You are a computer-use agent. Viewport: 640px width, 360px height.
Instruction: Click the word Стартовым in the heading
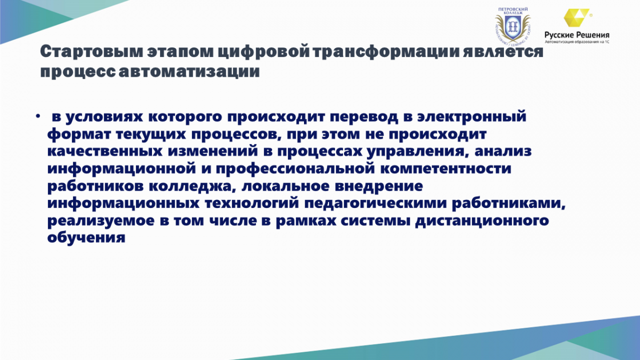(91, 52)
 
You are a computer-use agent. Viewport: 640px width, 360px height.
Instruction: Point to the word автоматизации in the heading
(189, 71)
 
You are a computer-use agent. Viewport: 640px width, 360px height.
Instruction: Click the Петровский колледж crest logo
(513, 26)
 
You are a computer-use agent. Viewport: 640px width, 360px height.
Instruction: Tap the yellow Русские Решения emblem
(577, 18)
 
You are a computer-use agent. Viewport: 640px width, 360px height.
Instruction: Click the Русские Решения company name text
(577, 35)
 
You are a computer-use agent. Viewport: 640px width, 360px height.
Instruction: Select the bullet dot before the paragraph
(38, 116)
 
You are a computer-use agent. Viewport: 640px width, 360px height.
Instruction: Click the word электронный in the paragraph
(471, 117)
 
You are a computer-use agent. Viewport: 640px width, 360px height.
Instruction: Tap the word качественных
(105, 151)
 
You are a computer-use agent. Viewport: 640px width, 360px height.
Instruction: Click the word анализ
(503, 151)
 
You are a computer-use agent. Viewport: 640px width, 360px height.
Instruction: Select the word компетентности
(446, 169)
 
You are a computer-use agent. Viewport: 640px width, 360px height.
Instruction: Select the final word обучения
(86, 238)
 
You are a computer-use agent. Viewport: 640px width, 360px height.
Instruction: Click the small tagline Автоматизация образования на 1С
(577, 42)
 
